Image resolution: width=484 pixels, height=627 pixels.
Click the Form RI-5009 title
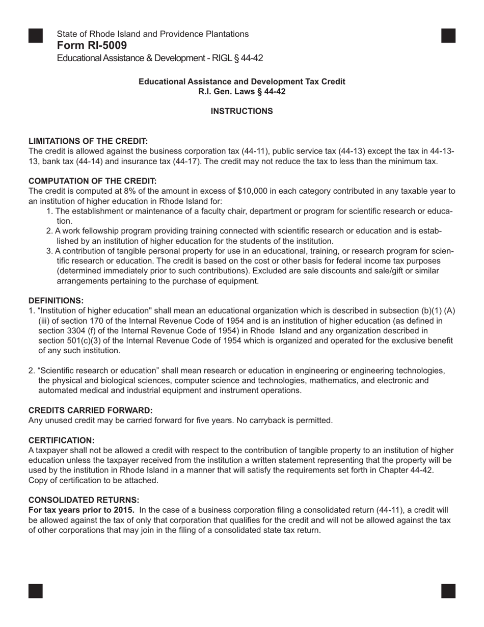(x=92, y=45)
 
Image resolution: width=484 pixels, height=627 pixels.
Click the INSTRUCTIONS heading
(x=241, y=111)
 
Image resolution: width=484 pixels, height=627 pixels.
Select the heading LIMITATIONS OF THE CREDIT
(x=88, y=141)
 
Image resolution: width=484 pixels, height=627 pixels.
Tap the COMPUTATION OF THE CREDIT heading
(x=92, y=181)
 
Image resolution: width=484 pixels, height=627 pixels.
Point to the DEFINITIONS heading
(x=56, y=301)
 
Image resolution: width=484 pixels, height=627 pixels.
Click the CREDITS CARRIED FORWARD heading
(x=90, y=410)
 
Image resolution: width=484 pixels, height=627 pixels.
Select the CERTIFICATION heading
(x=62, y=440)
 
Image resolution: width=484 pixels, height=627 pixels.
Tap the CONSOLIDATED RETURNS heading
(x=84, y=500)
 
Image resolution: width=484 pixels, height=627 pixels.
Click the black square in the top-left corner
(x=35, y=35)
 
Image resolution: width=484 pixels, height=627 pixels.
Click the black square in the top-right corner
(x=448, y=35)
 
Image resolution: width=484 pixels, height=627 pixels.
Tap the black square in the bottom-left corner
(x=35, y=591)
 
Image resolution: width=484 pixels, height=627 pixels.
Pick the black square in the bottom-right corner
(x=448, y=591)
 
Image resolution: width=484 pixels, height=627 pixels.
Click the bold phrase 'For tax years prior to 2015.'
(x=82, y=510)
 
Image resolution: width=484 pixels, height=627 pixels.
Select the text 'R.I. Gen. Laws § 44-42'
(x=241, y=92)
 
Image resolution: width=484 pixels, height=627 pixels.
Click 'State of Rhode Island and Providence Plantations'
(x=153, y=34)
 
